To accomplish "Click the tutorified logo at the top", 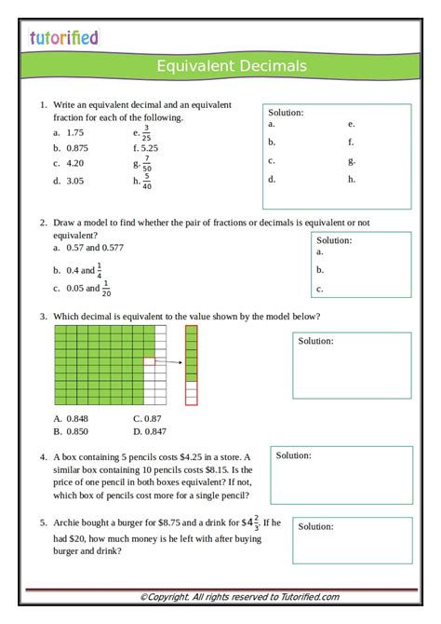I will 62,38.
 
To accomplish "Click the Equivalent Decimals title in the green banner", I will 232,66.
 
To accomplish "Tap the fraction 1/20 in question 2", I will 105,289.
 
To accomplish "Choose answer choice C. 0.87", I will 147,419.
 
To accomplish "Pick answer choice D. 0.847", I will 150,431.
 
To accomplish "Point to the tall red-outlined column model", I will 191,365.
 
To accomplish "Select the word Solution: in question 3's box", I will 315,341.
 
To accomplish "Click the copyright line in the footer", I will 239,597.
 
